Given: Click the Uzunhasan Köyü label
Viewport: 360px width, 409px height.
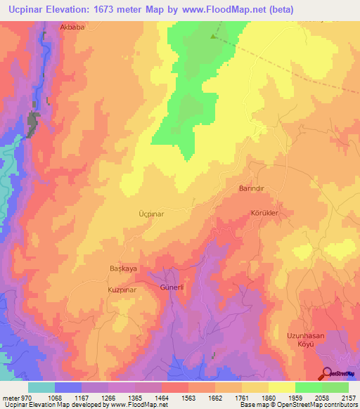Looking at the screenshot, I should click(x=305, y=340).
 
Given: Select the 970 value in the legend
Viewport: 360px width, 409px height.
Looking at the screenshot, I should click(x=22, y=397).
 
